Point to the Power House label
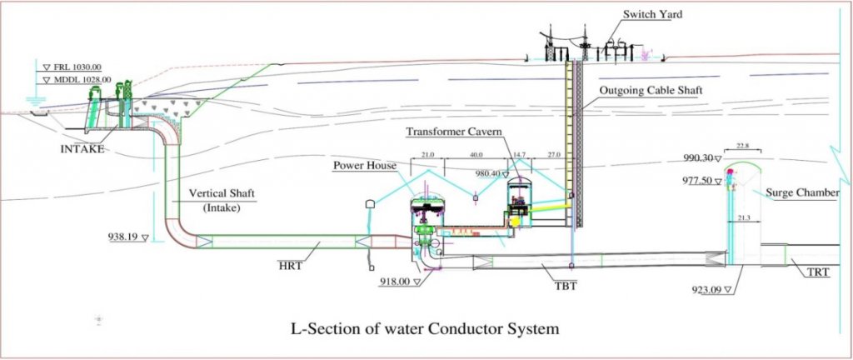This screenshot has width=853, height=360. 364,165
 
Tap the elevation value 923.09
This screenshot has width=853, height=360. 706,290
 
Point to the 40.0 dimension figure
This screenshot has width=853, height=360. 476,155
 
